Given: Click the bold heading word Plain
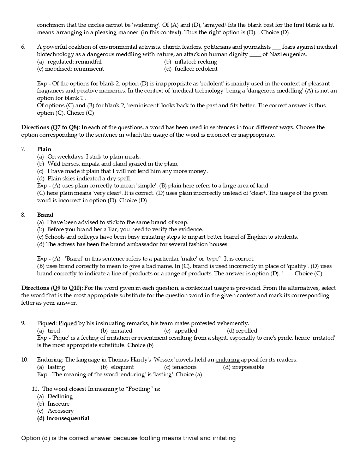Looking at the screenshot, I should pyautogui.click(x=44, y=149).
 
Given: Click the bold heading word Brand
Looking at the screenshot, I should pyautogui.click(x=45, y=215).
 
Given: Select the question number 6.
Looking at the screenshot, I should pyautogui.click(x=23, y=47).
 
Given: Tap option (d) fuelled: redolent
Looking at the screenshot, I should pyautogui.click(x=191, y=69).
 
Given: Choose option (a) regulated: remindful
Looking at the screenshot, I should pyautogui.click(x=69, y=62).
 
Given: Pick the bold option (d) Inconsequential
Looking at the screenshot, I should pyautogui.click(x=63, y=418).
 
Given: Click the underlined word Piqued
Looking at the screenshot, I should pyautogui.click(x=67, y=323).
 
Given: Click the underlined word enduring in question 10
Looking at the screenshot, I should pyautogui.click(x=227, y=360).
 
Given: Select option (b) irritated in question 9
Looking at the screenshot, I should pyautogui.click(x=116, y=331).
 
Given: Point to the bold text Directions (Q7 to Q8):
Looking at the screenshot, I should pyautogui.click(x=50, y=127).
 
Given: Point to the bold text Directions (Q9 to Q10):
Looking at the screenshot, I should pyautogui.click(x=52, y=288).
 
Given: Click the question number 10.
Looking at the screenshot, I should pyautogui.click(x=24, y=360).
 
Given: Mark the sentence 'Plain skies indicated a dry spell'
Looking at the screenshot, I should pyautogui.click(x=89, y=179).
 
